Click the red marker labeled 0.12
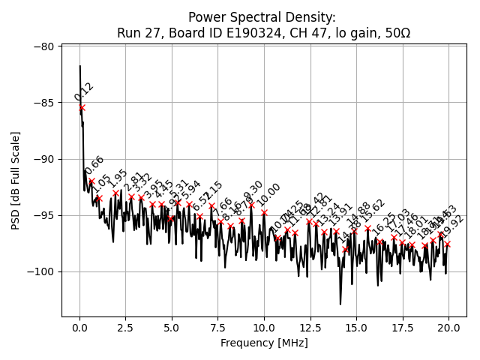[x=82, y=108]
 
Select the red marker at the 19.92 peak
[x=447, y=244]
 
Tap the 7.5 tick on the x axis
[x=218, y=317]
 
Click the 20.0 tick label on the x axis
[x=448, y=328]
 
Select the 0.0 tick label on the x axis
[x=79, y=328]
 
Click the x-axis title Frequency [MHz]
[x=264, y=343]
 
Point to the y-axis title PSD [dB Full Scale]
[x=15, y=180]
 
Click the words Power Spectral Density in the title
[x=262, y=17]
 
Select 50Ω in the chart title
[x=397, y=33]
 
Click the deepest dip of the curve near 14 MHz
[x=340, y=304]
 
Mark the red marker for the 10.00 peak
[x=264, y=213]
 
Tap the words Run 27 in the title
[x=135, y=33]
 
